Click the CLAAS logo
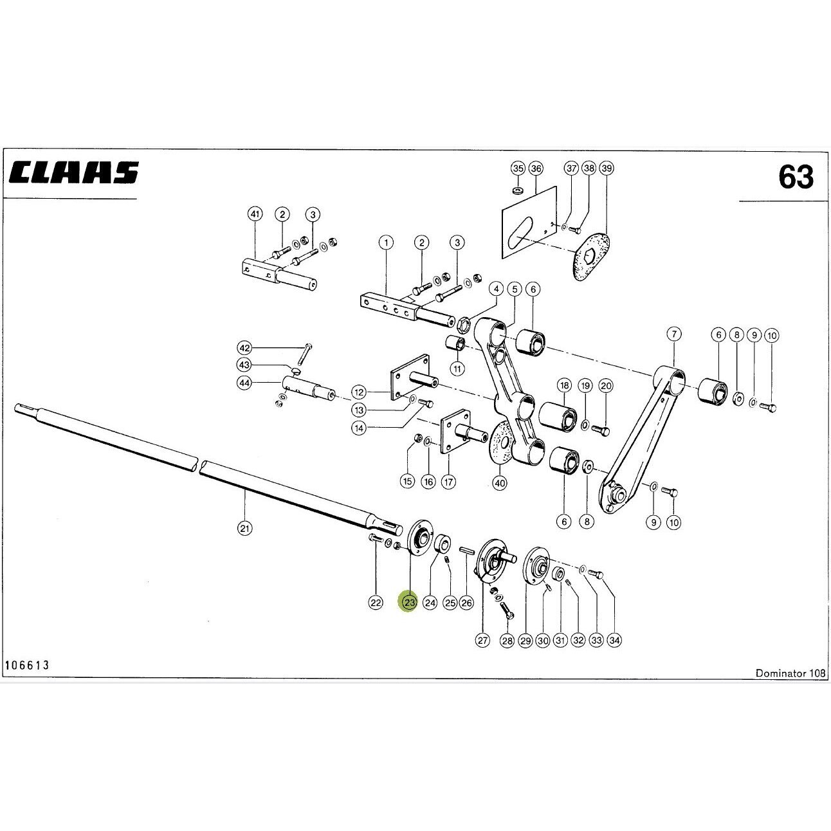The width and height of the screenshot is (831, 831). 74,172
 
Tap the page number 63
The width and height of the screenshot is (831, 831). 796,178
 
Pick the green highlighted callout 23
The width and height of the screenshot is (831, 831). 409,602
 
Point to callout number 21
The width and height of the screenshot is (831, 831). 245,528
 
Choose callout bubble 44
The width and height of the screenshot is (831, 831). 244,383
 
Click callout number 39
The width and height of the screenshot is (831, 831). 607,168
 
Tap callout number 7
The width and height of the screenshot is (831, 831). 674,334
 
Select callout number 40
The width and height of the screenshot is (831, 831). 500,484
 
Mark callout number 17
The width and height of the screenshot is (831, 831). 448,481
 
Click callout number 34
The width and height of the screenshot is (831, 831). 614,641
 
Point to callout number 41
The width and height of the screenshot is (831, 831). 255,214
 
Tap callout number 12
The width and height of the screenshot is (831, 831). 359,392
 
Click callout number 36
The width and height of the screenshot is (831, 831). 536,168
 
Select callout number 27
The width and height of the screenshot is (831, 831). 482,641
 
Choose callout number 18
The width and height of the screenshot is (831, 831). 564,385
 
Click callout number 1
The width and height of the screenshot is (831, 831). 386,242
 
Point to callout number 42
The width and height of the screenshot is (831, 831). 244,348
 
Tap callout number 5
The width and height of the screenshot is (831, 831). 515,289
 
